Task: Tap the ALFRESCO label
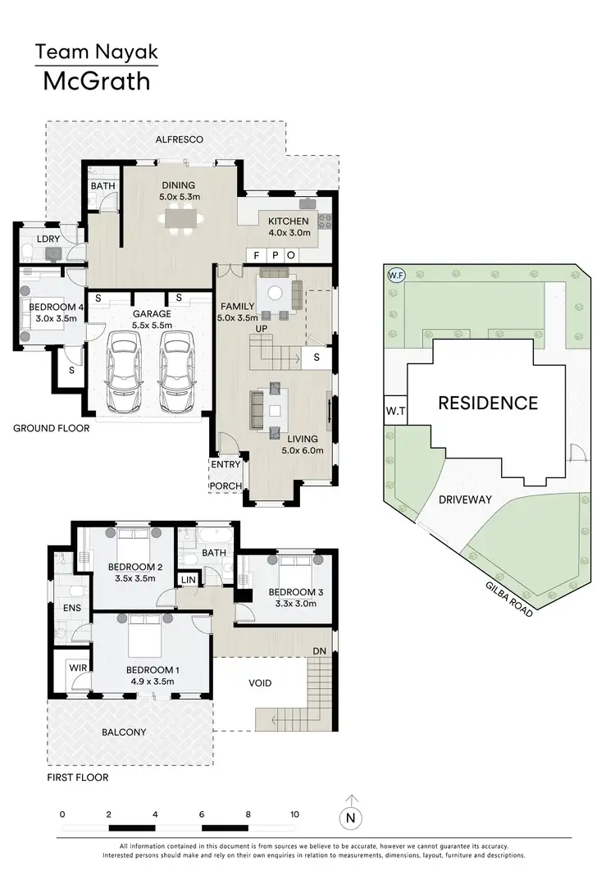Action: tap(180, 140)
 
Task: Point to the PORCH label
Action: tap(225, 486)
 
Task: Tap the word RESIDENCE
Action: tap(488, 404)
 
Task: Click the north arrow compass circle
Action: tap(351, 817)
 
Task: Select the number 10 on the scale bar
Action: tap(294, 814)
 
